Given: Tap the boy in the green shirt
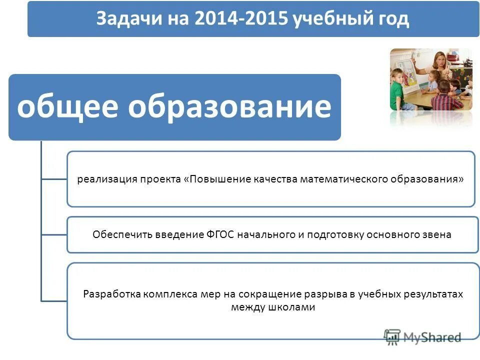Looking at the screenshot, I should [x=398, y=90].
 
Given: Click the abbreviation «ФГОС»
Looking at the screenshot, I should [x=220, y=234].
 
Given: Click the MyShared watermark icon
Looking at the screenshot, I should [x=392, y=337].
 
